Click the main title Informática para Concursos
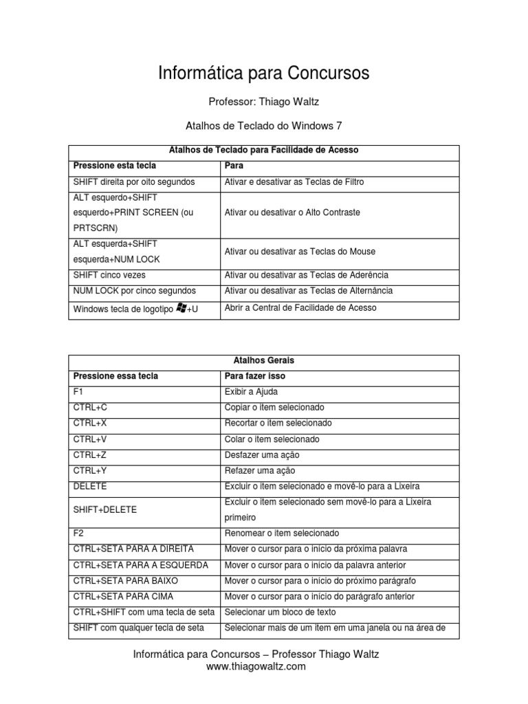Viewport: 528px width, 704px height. (264, 73)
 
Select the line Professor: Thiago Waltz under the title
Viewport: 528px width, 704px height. (264, 102)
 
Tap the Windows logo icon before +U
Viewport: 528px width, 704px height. (181, 309)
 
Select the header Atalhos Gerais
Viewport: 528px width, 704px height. (263, 360)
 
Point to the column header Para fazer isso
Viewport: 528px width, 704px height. (255, 376)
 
